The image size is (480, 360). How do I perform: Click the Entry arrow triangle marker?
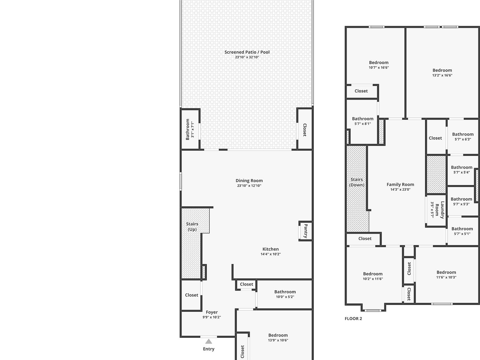tap(208, 341)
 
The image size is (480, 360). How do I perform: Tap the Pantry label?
tap(306, 231)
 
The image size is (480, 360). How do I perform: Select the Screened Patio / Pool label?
tap(247, 52)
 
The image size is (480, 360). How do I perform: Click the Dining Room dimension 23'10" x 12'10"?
tap(249, 186)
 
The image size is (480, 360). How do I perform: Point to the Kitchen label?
tap(271, 249)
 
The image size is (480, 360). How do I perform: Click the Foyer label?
tap(212, 312)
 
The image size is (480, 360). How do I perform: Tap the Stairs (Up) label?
tap(192, 227)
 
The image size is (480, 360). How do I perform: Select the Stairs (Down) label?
tap(357, 182)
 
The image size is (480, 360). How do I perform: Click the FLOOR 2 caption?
tap(353, 319)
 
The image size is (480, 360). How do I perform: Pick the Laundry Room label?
tap(440, 210)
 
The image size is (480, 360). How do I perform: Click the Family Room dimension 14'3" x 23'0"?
tap(400, 189)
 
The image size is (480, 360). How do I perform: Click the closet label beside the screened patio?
tap(304, 130)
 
